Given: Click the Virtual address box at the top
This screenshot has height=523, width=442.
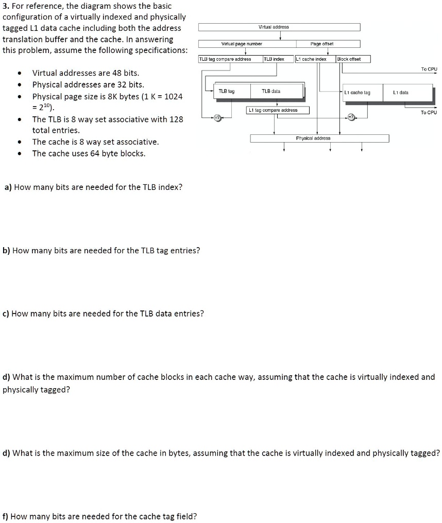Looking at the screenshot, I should [280, 27].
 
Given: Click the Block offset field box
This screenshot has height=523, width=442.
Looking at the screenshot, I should [353, 59].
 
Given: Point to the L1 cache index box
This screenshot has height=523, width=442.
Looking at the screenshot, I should [315, 59].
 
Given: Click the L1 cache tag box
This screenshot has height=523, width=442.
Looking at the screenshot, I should [360, 93].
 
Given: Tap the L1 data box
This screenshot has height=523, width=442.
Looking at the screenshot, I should [400, 93].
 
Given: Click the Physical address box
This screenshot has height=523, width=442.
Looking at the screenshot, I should [319, 138].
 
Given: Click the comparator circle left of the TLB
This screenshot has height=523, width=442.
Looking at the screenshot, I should [217, 118].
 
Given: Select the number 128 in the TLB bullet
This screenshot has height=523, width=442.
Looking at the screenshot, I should [176, 119].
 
